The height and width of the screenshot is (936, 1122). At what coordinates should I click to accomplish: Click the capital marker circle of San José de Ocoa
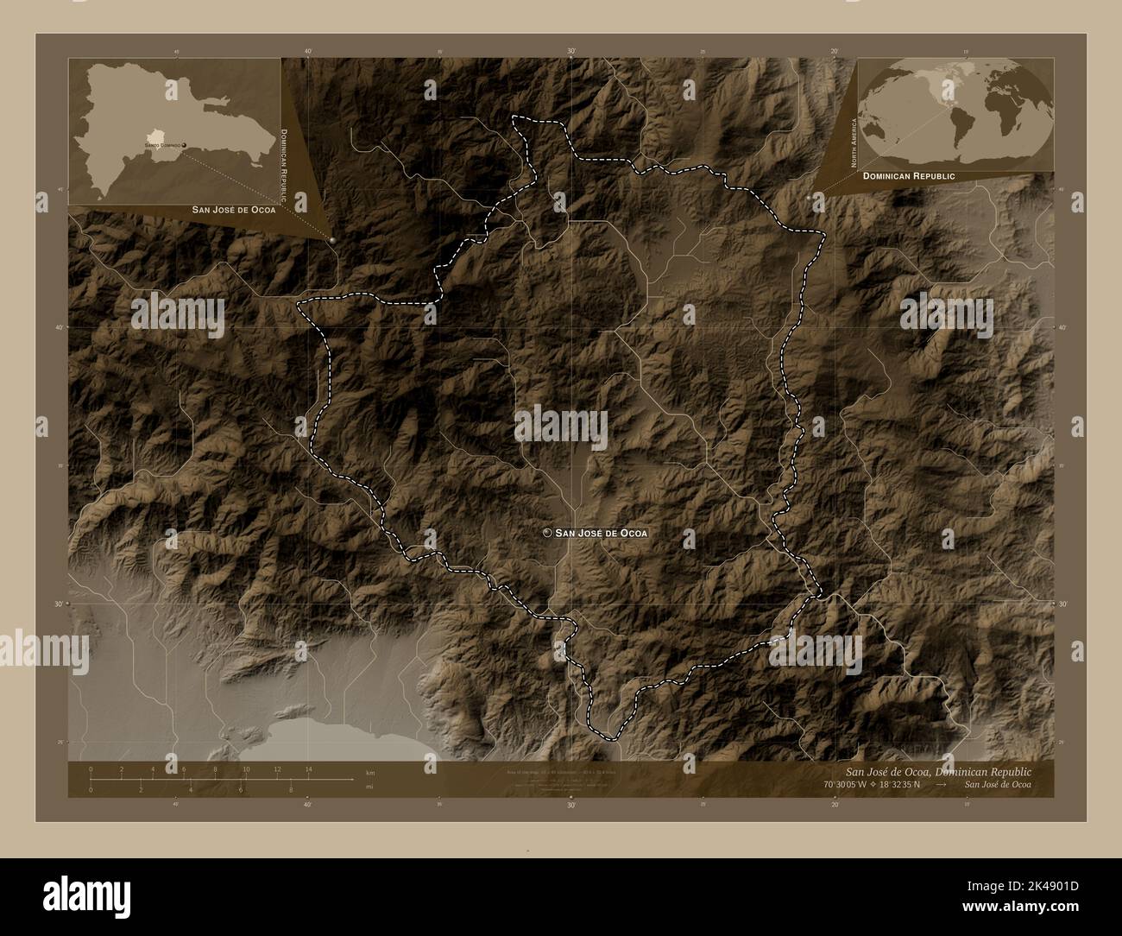pos(546,533)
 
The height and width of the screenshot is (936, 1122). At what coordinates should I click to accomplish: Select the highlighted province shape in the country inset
pos(155,137)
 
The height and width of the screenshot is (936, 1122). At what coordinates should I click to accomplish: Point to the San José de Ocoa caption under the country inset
pos(235,210)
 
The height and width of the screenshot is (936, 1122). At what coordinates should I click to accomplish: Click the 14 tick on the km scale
pos(308,769)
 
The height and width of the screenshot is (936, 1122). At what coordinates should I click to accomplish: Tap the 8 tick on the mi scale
pos(291,789)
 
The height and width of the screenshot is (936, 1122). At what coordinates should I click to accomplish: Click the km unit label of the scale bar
pos(370,771)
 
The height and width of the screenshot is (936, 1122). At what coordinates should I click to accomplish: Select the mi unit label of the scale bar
pos(369,787)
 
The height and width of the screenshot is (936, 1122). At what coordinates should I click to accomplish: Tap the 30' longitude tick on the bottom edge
pos(571,803)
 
